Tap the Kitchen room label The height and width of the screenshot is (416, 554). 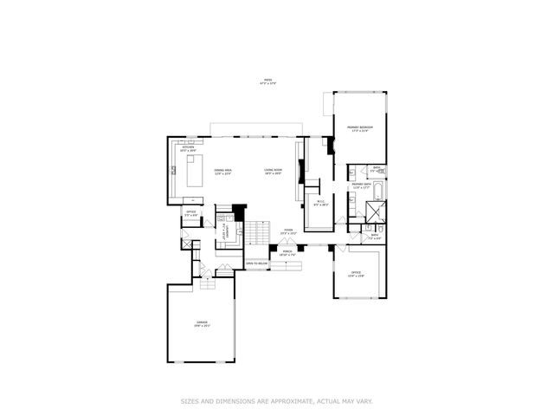pyautogui.click(x=190, y=148)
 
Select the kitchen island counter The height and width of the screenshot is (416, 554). pyautogui.click(x=194, y=170)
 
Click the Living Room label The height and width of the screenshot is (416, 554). pyautogui.click(x=274, y=172)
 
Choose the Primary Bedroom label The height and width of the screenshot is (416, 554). pyautogui.click(x=359, y=128)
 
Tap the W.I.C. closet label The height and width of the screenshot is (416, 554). pyautogui.click(x=319, y=204)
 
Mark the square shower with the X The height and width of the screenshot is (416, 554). pyautogui.click(x=375, y=212)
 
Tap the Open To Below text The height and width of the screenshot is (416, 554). pyautogui.click(x=256, y=263)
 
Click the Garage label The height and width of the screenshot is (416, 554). pyautogui.click(x=203, y=324)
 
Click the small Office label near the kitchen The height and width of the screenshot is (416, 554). pyautogui.click(x=190, y=212)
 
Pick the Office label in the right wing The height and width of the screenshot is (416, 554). pyautogui.click(x=356, y=274)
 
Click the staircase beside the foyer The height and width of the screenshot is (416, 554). pyautogui.click(x=257, y=234)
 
